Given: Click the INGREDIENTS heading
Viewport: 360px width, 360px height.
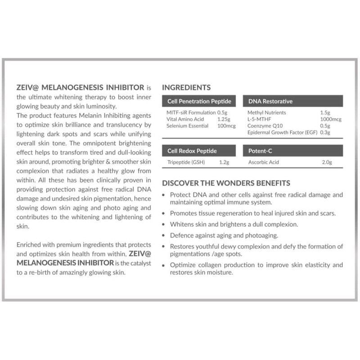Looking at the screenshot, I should (186, 87).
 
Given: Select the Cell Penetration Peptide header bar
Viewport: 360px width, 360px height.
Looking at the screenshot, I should (199, 101).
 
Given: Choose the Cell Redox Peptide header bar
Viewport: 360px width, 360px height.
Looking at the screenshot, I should (199, 150).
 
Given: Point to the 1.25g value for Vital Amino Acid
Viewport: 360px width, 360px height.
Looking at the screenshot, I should (224, 119).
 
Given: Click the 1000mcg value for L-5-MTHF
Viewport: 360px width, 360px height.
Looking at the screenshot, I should (331, 119).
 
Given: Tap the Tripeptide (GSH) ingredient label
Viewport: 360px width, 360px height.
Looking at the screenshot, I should (186, 162).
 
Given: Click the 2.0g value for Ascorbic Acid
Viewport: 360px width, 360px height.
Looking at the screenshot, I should (327, 162).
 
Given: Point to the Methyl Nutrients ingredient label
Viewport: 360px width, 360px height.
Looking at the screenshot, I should (266, 112).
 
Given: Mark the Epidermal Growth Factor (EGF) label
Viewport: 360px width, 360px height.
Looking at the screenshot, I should (283, 133).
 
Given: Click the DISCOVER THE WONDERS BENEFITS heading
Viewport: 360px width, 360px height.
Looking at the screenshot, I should (226, 183).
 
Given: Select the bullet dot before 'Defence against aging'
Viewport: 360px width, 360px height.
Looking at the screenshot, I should (165, 235).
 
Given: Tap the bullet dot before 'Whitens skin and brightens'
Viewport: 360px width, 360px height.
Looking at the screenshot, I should (165, 224).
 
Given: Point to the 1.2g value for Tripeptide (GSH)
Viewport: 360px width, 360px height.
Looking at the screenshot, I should (224, 162).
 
